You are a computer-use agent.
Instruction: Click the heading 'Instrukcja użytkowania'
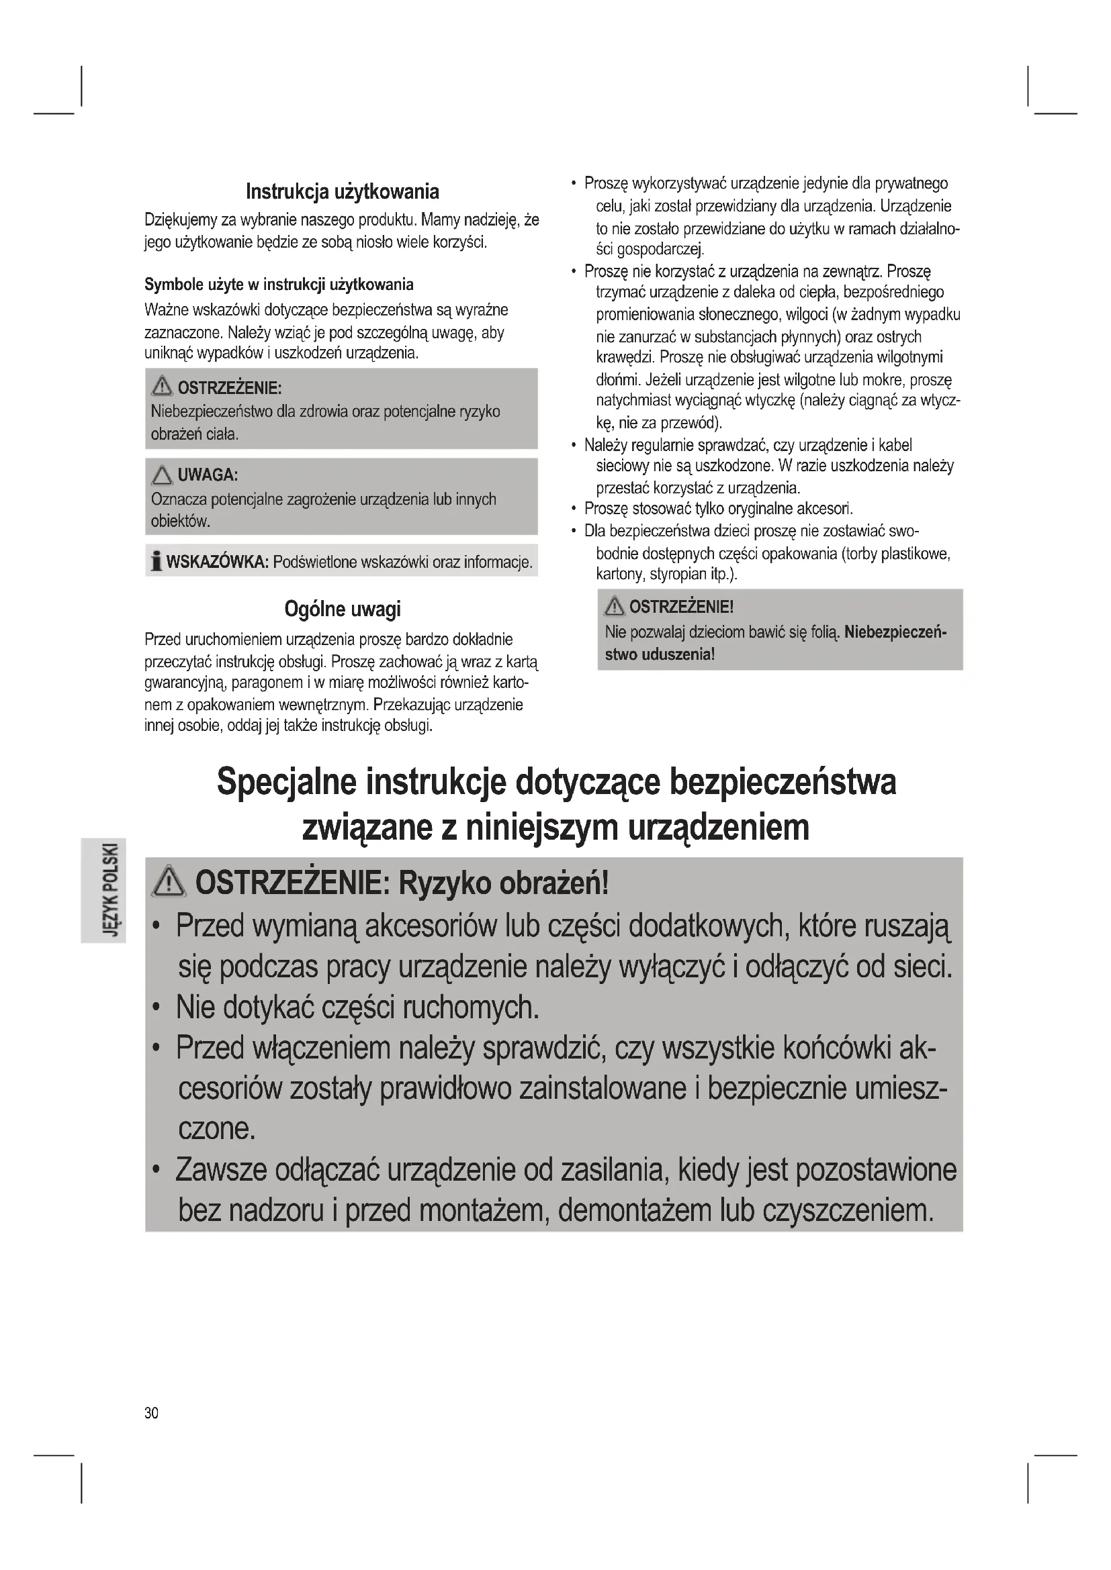pos(342,191)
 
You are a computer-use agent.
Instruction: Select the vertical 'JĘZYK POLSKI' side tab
pos(103,889)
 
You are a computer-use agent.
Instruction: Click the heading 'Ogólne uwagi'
pos(342,609)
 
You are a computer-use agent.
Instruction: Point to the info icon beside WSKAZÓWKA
pos(157,562)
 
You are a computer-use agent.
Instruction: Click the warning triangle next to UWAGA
pos(162,475)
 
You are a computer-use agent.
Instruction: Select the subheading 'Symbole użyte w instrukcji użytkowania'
pos(279,285)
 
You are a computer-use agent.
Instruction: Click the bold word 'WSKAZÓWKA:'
pos(217,562)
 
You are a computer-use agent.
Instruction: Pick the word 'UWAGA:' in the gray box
pos(208,475)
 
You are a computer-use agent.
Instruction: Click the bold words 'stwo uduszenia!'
pos(660,654)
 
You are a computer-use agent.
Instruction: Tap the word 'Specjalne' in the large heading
pos(286,781)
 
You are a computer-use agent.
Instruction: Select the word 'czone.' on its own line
pos(217,1128)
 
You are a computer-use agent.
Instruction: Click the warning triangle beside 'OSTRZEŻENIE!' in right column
pos(615,606)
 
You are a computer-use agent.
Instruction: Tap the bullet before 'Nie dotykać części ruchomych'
pos(157,1008)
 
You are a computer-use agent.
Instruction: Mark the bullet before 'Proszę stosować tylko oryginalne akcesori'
pos(573,509)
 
